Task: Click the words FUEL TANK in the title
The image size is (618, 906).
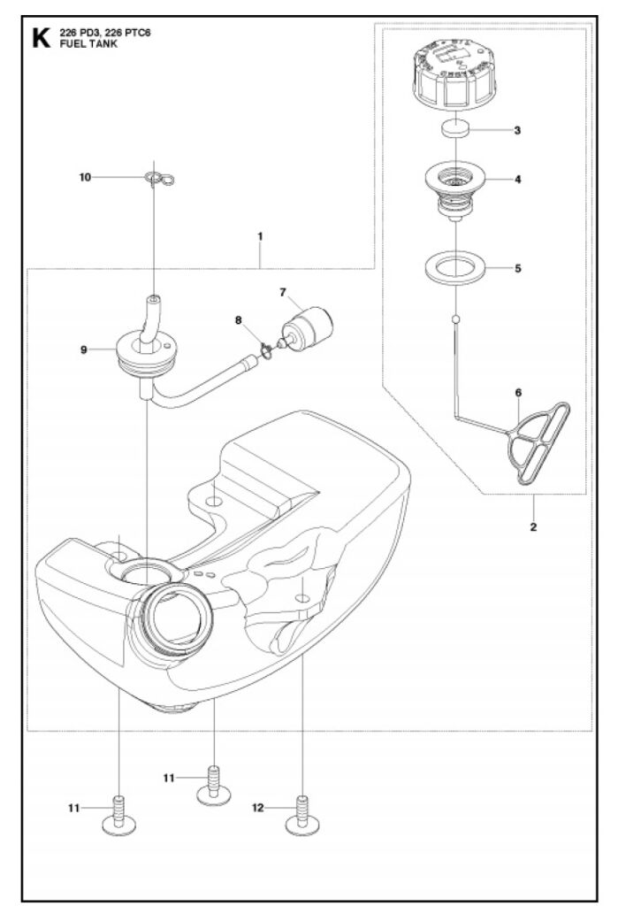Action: click(82, 44)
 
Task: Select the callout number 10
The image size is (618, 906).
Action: click(85, 177)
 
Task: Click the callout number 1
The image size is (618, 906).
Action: click(260, 236)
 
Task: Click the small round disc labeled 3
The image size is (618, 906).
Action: click(456, 130)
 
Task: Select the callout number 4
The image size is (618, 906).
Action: click(518, 179)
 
